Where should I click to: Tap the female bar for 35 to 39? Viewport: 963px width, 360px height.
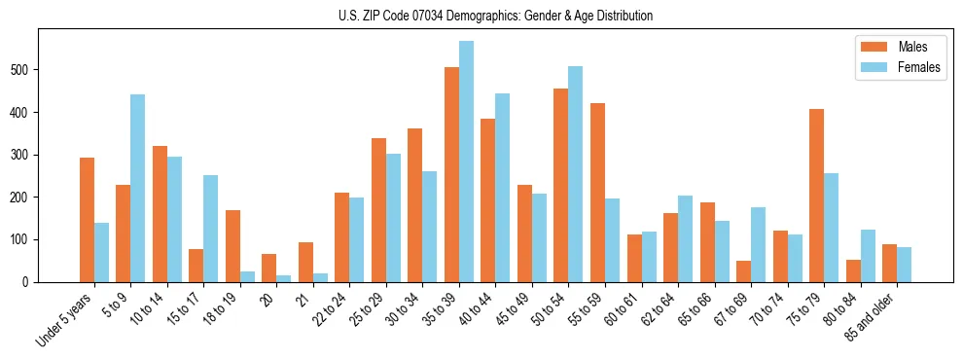click(x=466, y=162)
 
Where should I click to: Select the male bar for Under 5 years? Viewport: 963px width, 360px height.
click(x=87, y=220)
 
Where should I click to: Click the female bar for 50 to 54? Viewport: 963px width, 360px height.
click(x=576, y=174)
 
